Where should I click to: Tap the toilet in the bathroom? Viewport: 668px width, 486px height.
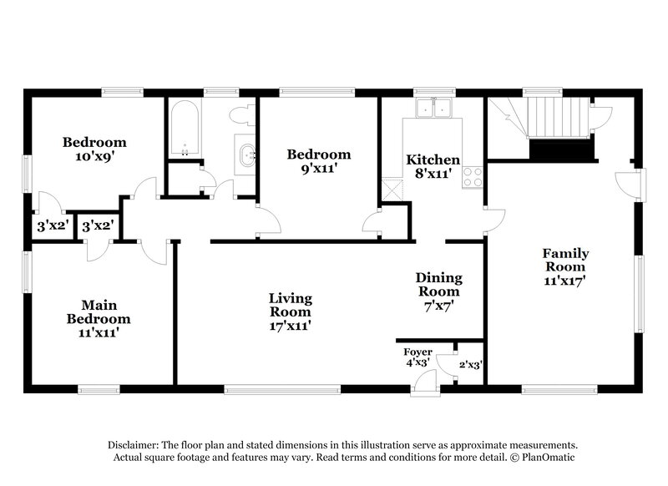point(243,115)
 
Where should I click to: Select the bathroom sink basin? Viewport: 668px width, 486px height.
point(246,154)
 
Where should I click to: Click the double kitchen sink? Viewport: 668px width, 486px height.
point(433,109)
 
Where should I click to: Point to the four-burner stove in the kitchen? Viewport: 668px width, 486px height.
point(473,177)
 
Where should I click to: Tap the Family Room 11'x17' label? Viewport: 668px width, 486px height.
point(565,267)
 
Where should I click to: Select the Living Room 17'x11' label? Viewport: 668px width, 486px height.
point(290,311)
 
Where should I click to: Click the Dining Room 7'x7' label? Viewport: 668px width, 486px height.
point(438,291)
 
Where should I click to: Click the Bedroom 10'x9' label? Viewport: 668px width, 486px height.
point(94,149)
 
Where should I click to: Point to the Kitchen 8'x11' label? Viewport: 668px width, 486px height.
point(433,166)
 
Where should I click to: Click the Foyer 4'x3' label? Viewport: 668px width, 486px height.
point(417,357)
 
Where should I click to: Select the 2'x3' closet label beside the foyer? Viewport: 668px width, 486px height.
point(471,364)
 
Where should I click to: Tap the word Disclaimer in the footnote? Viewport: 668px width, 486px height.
point(134,445)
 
